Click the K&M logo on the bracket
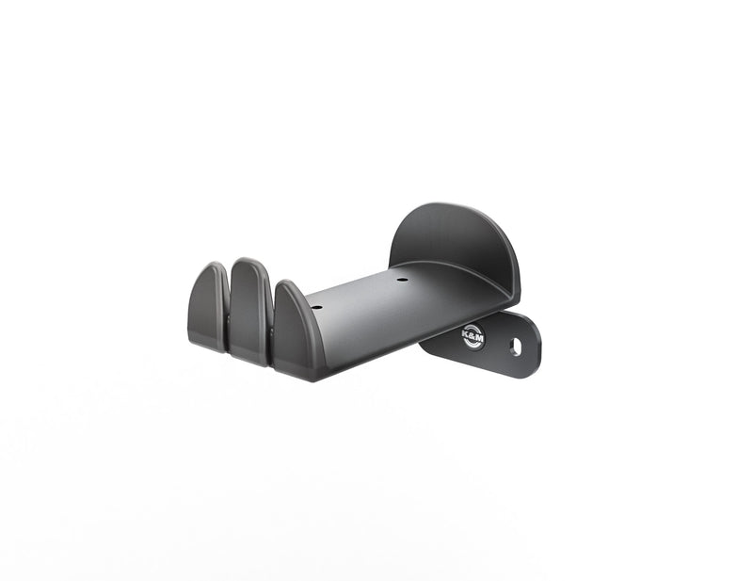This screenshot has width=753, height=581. point(473,336)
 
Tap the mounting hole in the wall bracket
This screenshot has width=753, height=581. point(515,347)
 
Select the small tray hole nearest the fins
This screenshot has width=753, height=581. point(316,307)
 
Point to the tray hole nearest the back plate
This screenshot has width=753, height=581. point(402,280)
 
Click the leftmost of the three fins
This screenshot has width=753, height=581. point(208,307)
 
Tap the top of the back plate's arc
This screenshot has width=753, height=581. point(452,203)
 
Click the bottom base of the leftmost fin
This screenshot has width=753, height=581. point(206,346)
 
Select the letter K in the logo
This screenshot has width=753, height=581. point(466,333)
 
